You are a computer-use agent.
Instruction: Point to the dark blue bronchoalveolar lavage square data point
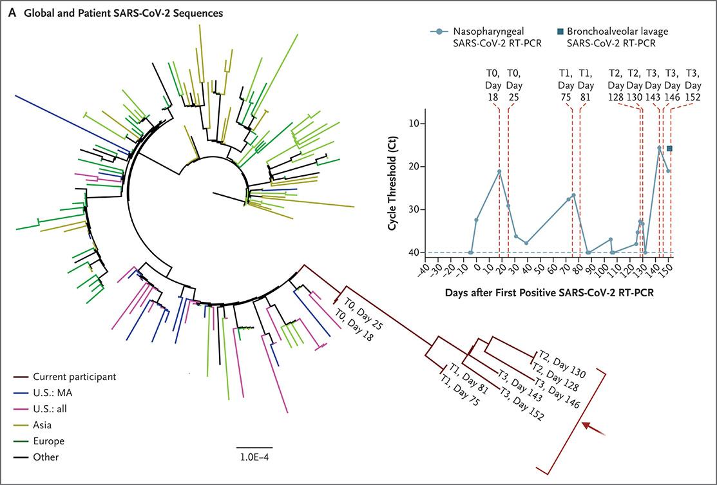[670, 149]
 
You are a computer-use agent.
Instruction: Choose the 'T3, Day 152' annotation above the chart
[693, 84]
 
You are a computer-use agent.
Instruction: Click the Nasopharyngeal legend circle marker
[438, 30]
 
